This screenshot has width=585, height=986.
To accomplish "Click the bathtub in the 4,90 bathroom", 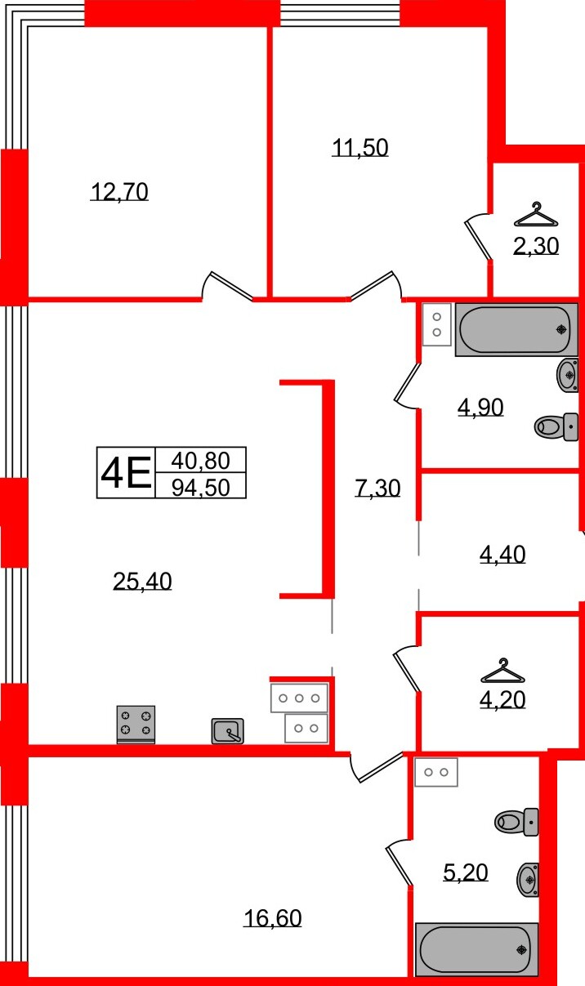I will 516,329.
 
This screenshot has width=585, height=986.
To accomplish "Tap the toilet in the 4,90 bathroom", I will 556,426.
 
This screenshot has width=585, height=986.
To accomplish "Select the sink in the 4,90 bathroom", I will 568,375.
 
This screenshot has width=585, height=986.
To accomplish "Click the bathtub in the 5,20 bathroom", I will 474,948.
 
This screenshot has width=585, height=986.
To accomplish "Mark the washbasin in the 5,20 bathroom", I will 528,879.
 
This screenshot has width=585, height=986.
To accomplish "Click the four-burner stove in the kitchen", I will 136,724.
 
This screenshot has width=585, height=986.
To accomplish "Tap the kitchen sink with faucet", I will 228,730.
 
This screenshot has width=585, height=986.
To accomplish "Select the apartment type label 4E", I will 125,473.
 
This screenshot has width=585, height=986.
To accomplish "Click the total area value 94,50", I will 200,487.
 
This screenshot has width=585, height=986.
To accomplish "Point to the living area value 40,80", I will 200,461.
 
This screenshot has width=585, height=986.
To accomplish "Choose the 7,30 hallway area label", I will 377,489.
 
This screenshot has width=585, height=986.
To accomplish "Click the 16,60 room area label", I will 272,918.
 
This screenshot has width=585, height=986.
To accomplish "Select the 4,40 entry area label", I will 501,555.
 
